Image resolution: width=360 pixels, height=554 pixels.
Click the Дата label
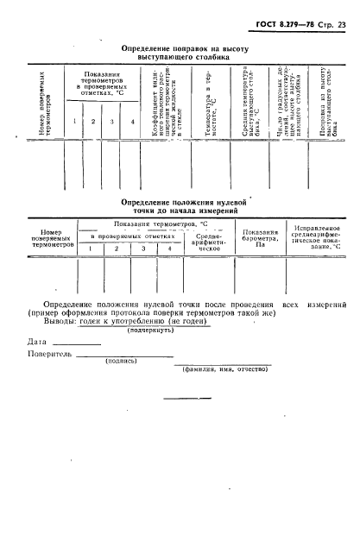pyautogui.click(x=37, y=343)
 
